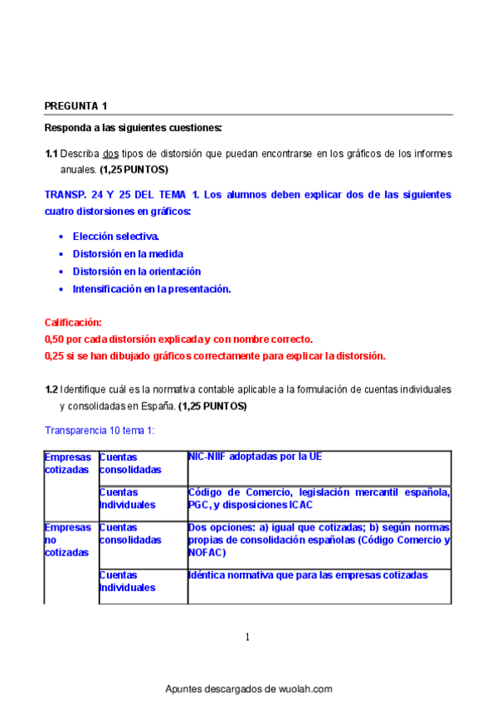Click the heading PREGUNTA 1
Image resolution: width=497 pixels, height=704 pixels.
coord(76,105)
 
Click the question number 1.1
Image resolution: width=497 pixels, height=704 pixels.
coord(51,154)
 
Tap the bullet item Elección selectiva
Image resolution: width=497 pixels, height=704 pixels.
coord(115,237)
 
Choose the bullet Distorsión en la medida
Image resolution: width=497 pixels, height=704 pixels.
coord(128,254)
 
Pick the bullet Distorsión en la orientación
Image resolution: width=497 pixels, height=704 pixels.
coord(136,271)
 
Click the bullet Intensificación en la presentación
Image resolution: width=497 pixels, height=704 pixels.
coord(151,289)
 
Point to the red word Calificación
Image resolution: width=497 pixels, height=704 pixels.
coord(73,321)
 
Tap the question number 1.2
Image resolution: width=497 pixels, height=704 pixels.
coord(51,389)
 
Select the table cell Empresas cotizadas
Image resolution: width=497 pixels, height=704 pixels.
coord(68,463)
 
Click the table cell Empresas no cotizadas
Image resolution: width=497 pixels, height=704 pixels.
coord(68,540)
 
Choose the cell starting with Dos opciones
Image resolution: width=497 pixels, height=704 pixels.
coord(319,540)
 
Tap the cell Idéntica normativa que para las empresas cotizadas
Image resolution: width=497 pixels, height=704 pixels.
coord(308,574)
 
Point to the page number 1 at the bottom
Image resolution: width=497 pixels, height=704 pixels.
coord(247,637)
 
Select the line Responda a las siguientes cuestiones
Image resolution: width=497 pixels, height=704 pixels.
coord(133,128)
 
